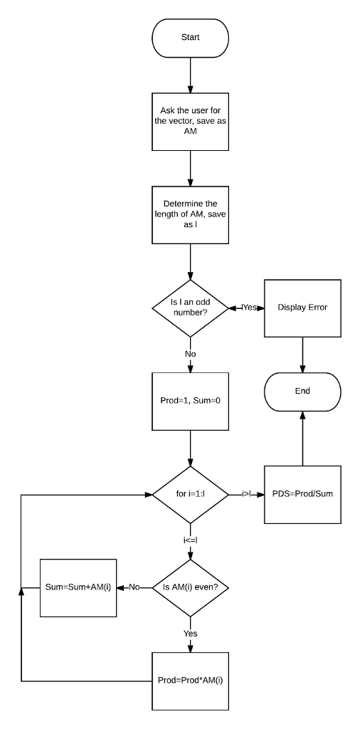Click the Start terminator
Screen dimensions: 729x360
point(191,38)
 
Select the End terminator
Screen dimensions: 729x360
point(302,392)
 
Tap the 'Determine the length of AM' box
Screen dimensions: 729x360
point(191,214)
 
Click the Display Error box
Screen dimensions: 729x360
point(302,308)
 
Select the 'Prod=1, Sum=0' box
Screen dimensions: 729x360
point(191,400)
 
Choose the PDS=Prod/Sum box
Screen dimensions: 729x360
point(302,494)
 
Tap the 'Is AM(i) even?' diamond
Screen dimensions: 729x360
point(191,587)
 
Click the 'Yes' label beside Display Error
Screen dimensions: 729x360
point(249,308)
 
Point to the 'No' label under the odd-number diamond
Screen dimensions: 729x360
point(190,354)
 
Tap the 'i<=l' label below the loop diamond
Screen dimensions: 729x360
point(190,540)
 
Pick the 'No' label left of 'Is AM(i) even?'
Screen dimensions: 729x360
point(135,587)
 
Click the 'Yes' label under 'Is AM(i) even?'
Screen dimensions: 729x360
point(190,633)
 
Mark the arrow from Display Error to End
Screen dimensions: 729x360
point(302,355)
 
